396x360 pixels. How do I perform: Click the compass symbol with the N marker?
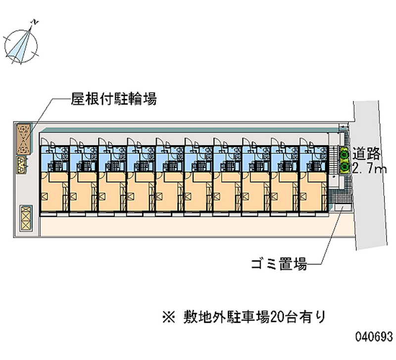coord(21,43)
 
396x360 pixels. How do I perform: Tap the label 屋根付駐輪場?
coord(114,100)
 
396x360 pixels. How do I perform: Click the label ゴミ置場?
coord(279,264)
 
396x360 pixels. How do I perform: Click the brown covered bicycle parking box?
coord(23,139)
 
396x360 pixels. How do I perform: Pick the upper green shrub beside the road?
coord(344,154)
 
